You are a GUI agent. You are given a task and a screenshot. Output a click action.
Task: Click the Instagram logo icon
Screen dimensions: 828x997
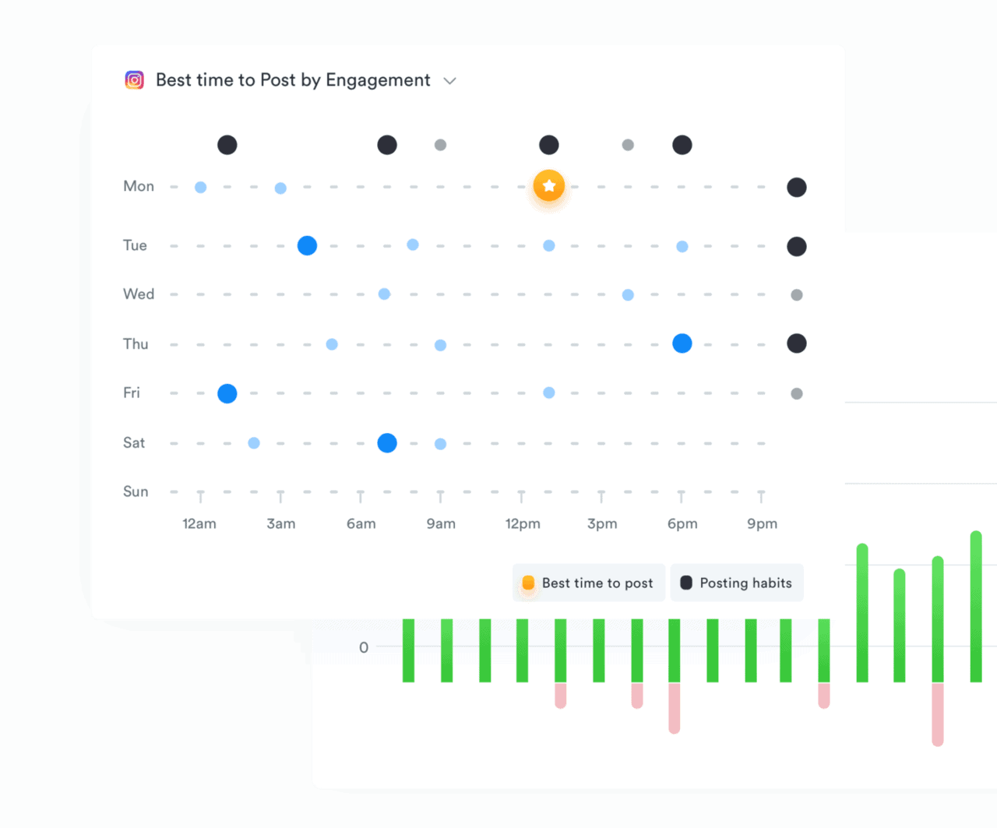[x=135, y=80]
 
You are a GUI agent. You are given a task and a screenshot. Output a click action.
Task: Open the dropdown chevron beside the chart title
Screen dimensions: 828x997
[x=449, y=81]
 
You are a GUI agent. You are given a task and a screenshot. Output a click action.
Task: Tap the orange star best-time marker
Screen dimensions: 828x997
[x=549, y=185]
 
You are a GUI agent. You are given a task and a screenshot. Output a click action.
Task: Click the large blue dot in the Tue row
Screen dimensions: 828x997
[x=308, y=246]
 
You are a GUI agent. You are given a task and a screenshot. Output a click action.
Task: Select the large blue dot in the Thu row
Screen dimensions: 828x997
[x=682, y=344]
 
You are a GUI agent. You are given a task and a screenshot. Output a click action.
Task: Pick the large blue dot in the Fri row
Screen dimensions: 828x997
[x=227, y=393]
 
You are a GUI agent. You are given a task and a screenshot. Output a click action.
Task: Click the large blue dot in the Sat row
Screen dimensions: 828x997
[x=387, y=443]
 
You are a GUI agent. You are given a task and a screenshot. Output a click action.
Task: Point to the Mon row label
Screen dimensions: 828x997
[x=139, y=186]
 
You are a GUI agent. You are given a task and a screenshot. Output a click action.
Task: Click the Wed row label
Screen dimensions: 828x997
[x=139, y=294]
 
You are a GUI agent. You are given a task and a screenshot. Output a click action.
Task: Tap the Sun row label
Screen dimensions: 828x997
[x=136, y=492]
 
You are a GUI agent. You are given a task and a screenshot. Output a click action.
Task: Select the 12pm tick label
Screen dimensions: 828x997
[x=523, y=523]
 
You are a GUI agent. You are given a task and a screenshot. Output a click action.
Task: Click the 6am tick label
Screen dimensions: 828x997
[x=361, y=523]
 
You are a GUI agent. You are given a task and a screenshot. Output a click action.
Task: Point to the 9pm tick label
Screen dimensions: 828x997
[x=762, y=523]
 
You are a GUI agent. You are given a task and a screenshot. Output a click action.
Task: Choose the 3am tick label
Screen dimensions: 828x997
[x=281, y=523]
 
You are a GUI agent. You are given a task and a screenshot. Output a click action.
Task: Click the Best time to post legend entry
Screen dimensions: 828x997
[x=589, y=583]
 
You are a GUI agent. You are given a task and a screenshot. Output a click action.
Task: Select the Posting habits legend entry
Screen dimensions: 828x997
[x=737, y=583]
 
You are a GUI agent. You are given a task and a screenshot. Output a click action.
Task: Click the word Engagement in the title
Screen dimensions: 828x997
[x=378, y=80]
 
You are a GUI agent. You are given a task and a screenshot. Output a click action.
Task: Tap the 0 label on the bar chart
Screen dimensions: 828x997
[x=364, y=647]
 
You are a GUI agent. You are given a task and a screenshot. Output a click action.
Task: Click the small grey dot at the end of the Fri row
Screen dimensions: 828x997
[x=797, y=393]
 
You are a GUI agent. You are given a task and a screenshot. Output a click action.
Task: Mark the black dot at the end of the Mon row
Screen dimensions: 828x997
[x=797, y=187]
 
